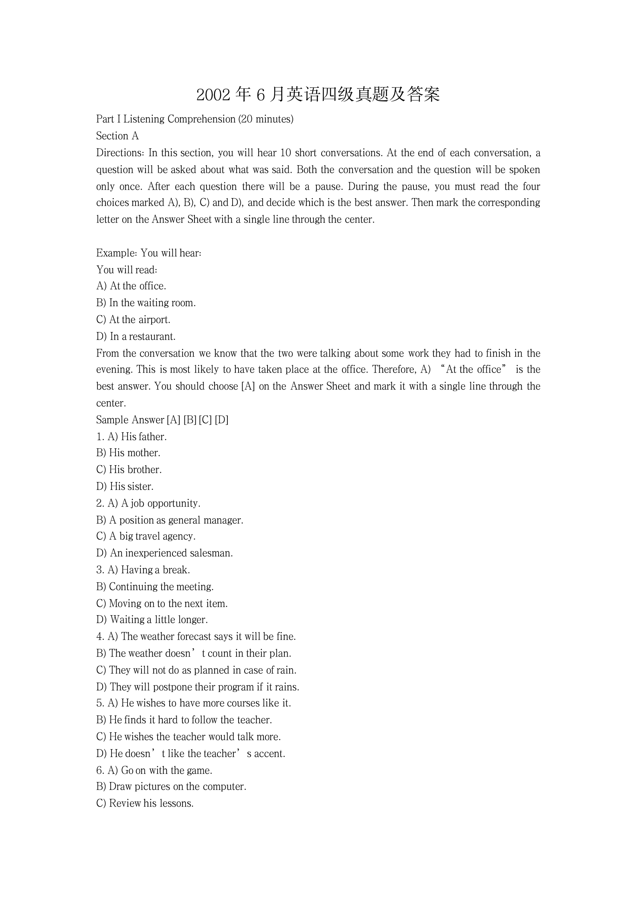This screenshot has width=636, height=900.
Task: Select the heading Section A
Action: (117, 136)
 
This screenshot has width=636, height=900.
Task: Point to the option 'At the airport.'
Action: (140, 320)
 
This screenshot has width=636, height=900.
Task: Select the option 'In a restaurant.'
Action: (142, 336)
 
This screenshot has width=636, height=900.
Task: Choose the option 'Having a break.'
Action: (155, 570)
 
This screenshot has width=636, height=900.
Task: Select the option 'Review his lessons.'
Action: (151, 803)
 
